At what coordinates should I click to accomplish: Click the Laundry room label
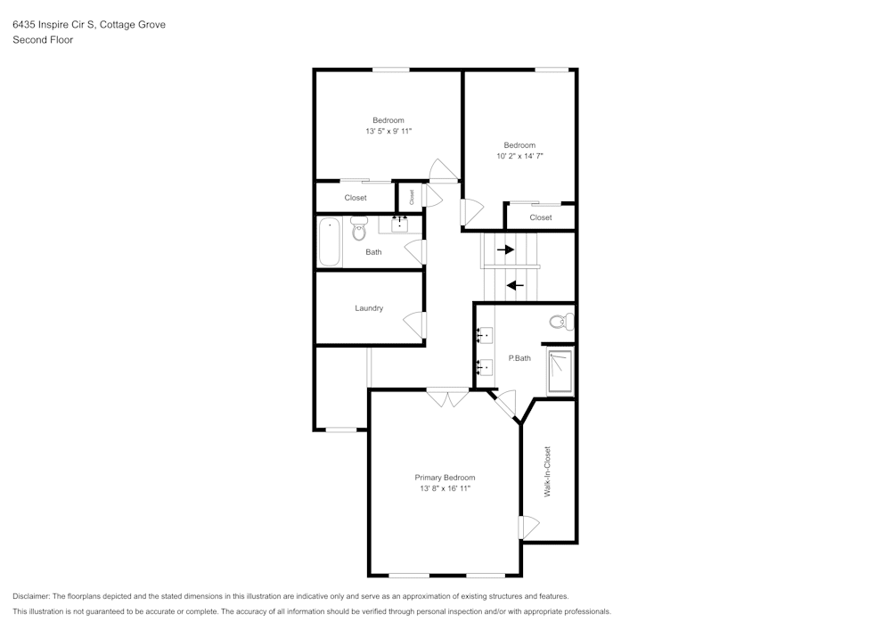[369, 308]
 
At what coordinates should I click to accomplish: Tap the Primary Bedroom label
[445, 478]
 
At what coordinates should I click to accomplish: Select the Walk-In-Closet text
[547, 471]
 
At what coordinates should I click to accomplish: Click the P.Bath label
[519, 358]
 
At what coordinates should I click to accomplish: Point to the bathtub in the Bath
[330, 242]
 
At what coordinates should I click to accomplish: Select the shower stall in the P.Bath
[560, 372]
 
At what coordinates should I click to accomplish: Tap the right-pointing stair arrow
[505, 250]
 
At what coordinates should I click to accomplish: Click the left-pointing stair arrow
[515, 285]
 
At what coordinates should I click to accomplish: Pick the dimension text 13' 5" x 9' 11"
[388, 131]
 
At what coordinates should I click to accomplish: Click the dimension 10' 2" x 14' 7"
[520, 156]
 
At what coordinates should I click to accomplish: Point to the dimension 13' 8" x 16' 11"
[445, 488]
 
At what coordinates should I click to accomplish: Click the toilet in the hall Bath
[358, 229]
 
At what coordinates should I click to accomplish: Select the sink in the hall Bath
[400, 225]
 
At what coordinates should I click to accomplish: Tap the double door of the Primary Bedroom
[448, 397]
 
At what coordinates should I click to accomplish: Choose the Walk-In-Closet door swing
[528, 528]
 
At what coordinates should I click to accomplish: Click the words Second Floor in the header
[43, 40]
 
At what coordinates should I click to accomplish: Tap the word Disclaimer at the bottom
[30, 596]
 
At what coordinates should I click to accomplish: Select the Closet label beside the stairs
[541, 217]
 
